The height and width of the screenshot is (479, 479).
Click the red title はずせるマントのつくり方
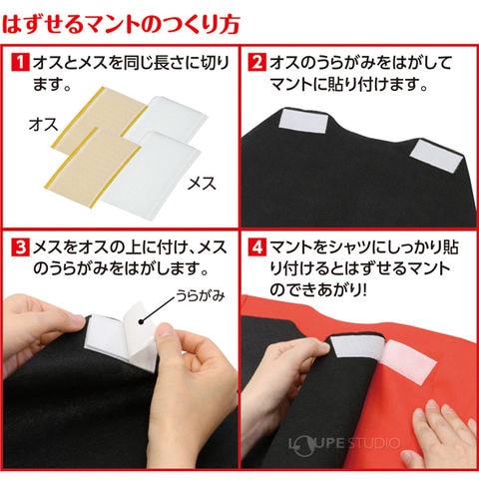coord(121,25)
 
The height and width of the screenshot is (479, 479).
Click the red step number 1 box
coord(21,62)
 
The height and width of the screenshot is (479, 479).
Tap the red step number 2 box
coord(257,62)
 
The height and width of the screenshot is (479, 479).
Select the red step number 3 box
coord(21,248)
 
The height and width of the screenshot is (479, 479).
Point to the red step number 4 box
coord(257,248)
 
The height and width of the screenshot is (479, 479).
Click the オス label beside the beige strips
coord(43,125)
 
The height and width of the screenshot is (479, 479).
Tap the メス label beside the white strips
coord(202,184)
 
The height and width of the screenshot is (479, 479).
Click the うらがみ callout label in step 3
coord(201,295)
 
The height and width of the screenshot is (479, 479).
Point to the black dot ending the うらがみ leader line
coord(142,321)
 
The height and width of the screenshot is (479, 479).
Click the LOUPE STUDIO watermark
coord(344,443)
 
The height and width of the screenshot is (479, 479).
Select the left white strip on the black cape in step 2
coord(303,121)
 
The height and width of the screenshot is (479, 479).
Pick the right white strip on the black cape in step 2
coord(436,156)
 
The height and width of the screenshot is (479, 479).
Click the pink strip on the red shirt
coord(408,362)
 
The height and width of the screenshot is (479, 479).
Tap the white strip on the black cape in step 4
coord(358,346)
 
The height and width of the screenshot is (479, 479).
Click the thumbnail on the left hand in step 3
coord(77,320)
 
